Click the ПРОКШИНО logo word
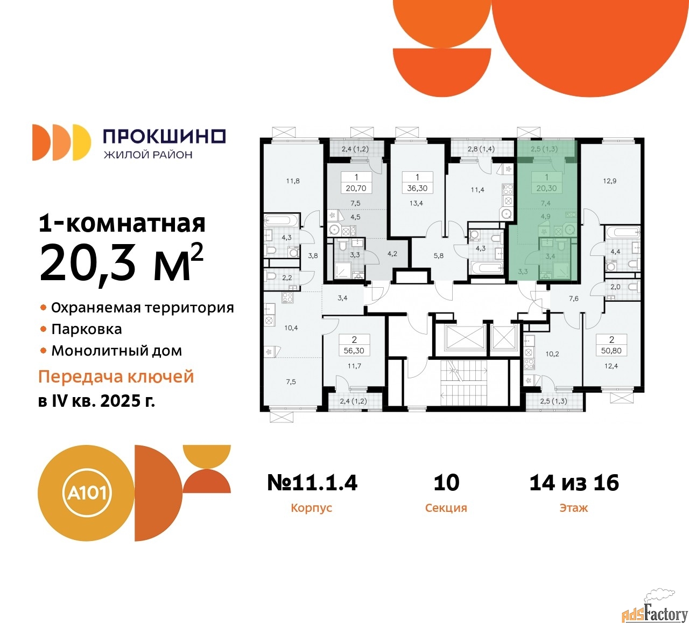coord(164,136)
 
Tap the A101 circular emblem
coord(86,494)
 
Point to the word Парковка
coord(87,329)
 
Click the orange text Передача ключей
coord(116,377)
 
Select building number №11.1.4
coord(312,482)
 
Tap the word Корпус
coord(312,508)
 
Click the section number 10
coord(447,482)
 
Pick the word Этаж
coord(574,508)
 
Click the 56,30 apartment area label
coord(354,351)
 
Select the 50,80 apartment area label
coord(611,351)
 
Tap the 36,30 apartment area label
coord(417,189)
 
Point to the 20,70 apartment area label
coord(356,189)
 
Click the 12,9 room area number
coord(610,181)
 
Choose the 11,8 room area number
coord(293,181)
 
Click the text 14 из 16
coord(574,482)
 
